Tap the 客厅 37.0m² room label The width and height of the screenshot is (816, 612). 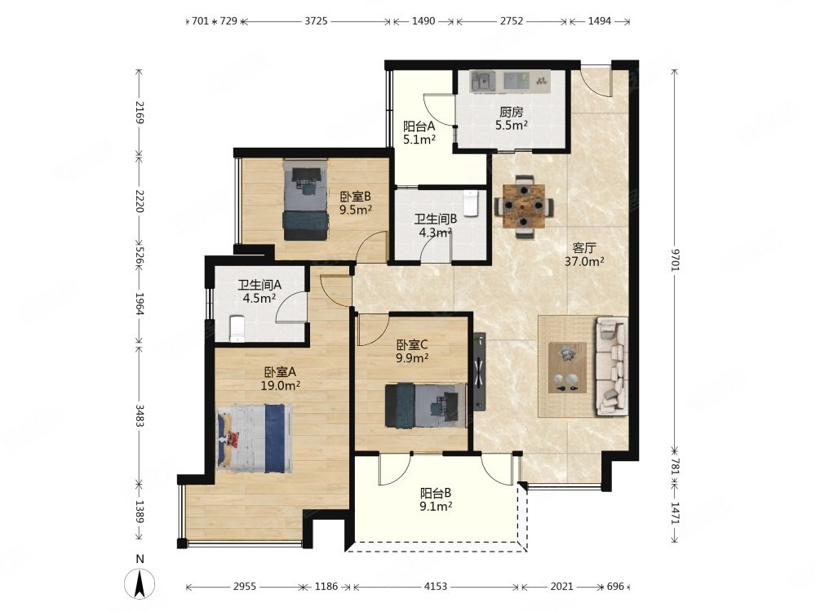pyautogui.click(x=584, y=255)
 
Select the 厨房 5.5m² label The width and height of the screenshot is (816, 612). pyautogui.click(x=511, y=118)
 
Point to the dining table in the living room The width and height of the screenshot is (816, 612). pyautogui.click(x=524, y=206)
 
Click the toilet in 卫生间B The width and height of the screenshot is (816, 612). pyautogui.click(x=470, y=202)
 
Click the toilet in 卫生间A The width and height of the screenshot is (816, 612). pyautogui.click(x=237, y=329)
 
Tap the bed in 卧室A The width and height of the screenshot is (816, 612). pyautogui.click(x=255, y=439)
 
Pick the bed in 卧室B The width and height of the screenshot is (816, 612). pyautogui.click(x=306, y=200)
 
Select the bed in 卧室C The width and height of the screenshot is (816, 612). pyautogui.click(x=425, y=406)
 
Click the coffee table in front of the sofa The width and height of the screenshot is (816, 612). pyautogui.click(x=567, y=367)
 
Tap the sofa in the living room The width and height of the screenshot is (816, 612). pyautogui.click(x=611, y=366)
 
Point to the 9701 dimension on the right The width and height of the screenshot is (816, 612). pyautogui.click(x=675, y=259)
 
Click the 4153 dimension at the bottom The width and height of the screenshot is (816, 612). pyautogui.click(x=435, y=587)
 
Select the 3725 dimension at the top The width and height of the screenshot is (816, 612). pyautogui.click(x=316, y=21)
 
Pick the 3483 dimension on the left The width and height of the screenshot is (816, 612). pyautogui.click(x=139, y=415)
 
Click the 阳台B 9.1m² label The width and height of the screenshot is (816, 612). pyautogui.click(x=436, y=499)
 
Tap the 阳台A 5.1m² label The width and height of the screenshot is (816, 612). pyautogui.click(x=419, y=133)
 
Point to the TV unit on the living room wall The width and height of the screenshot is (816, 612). pyautogui.click(x=479, y=371)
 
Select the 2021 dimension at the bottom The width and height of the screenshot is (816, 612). pyautogui.click(x=562, y=587)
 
